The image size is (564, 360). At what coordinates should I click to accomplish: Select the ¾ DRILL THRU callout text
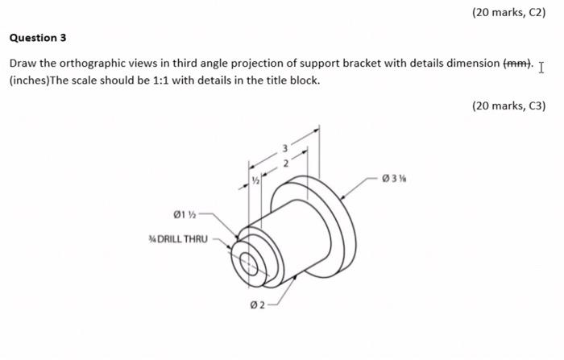[x=178, y=239]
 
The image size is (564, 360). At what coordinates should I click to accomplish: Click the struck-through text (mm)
[x=516, y=64]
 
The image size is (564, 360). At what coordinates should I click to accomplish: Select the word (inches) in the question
[x=30, y=81]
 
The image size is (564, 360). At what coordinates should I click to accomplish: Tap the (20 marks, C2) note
[x=510, y=13]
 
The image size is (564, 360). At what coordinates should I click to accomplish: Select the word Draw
[x=22, y=64]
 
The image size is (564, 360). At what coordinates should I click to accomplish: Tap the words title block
[x=292, y=81]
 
